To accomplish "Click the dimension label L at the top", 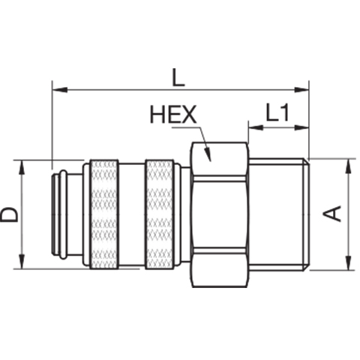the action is pyautogui.click(x=178, y=77).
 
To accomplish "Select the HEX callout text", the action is pyautogui.click(x=173, y=115).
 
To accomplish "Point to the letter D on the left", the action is pyautogui.click(x=9, y=214).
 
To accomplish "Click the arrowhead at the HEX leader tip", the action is pyautogui.click(x=207, y=154).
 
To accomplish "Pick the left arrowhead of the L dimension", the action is pyautogui.click(x=60, y=90).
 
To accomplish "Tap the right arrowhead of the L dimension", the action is pyautogui.click(x=301, y=90).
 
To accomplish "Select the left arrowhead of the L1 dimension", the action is pyautogui.click(x=256, y=127).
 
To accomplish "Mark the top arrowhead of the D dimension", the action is pyautogui.click(x=22, y=168).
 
